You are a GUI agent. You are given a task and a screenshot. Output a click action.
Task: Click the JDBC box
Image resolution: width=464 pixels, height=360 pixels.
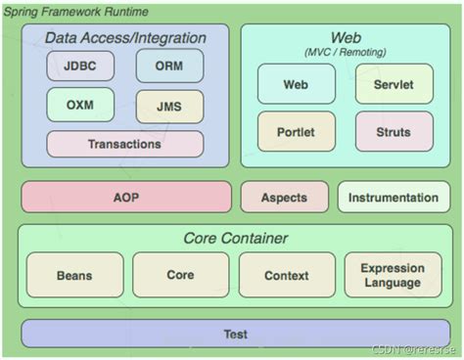pos(80,66)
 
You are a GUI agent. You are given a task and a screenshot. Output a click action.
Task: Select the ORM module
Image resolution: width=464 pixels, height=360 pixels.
pos(169,66)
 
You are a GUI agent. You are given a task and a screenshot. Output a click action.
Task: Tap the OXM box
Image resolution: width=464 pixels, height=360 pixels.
pos(80,105)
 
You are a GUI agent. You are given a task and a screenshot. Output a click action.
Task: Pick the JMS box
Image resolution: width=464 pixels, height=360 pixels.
pos(169,107)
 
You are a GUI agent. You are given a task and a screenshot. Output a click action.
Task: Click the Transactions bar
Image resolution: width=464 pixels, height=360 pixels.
pos(125,144)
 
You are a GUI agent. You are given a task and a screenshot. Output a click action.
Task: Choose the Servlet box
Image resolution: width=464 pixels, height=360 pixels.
pos(394,84)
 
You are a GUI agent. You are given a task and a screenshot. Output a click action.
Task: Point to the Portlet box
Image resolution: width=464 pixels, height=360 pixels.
pos(297,132)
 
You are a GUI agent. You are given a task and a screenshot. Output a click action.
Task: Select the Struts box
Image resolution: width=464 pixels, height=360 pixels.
pos(394,132)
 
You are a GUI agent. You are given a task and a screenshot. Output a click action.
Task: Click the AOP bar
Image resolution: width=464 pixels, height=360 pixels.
pos(126,197)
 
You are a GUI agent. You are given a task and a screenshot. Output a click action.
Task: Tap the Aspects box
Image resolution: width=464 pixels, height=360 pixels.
pos(285,197)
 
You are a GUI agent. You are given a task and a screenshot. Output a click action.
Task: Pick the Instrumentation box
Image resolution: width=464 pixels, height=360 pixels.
pos(394,197)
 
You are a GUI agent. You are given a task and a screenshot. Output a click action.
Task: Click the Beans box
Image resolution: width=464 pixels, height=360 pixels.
pos(74,275)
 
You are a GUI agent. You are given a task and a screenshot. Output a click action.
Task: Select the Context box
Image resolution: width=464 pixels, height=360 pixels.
pos(287,275)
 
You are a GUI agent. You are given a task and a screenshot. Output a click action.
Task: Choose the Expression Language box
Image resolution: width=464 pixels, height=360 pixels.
pos(394,275)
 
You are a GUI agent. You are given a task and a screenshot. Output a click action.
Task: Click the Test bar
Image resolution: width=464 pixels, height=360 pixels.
pos(236,334)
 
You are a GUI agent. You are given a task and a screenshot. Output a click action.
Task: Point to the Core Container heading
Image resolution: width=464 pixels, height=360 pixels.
pos(236,238)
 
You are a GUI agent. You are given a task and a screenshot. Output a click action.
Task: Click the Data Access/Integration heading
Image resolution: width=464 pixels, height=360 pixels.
pos(125,38)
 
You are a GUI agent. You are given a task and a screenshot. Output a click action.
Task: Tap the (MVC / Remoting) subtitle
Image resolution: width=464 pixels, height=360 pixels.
pos(346,52)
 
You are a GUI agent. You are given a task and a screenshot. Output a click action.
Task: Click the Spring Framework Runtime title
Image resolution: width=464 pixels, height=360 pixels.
pos(75,12)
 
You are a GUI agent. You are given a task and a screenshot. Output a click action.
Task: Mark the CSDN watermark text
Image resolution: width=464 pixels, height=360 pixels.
pos(413,349)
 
